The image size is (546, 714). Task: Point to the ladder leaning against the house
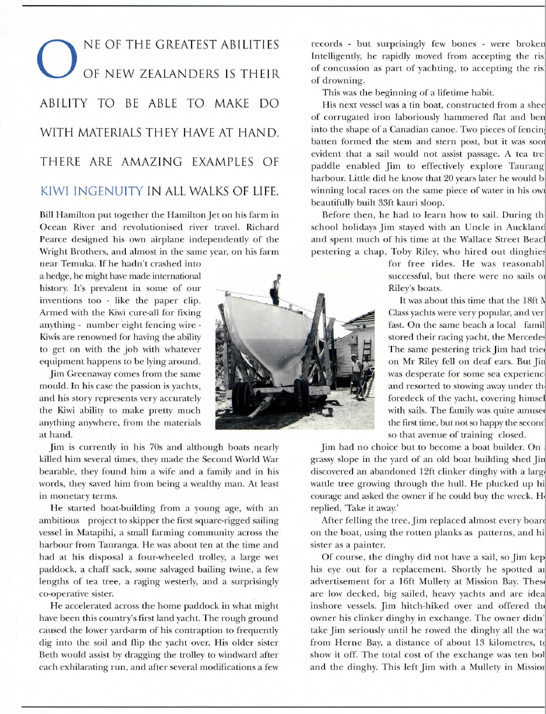367,351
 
